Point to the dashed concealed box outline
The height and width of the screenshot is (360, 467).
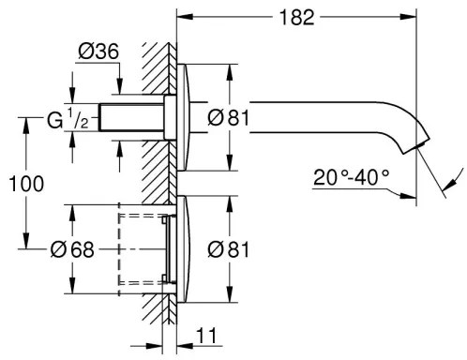141,248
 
